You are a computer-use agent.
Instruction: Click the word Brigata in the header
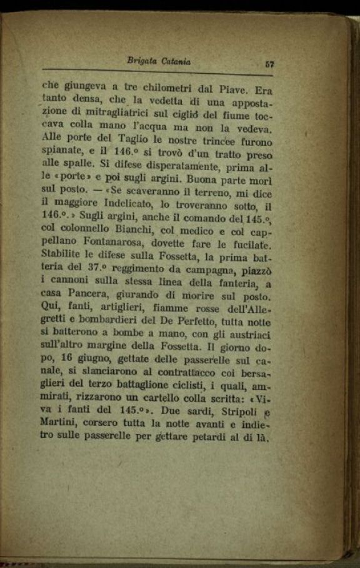tap(142, 61)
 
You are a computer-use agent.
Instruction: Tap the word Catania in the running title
tap(175, 61)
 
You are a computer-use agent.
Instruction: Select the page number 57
tap(270, 63)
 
